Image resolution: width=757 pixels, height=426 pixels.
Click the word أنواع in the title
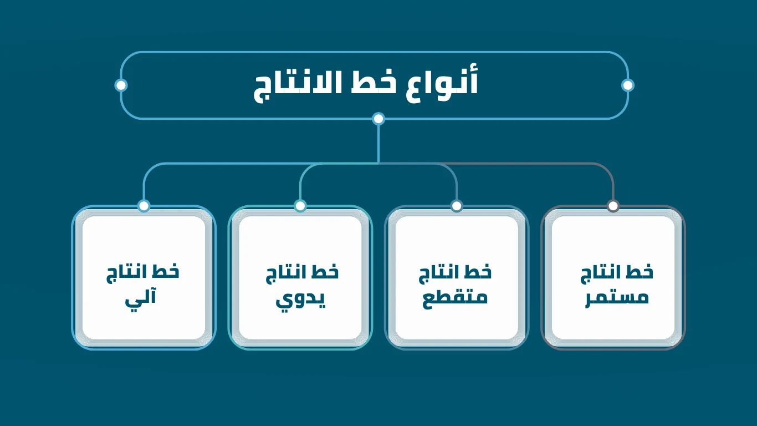(x=442, y=83)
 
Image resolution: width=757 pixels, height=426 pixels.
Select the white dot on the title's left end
(x=121, y=85)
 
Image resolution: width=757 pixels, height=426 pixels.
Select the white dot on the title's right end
(x=627, y=85)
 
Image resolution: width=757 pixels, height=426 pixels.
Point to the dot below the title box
(x=378, y=119)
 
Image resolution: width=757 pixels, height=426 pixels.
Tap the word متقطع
(x=455, y=298)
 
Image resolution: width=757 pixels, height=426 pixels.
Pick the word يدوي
(x=300, y=299)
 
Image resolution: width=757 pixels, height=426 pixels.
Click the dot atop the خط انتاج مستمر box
(x=613, y=206)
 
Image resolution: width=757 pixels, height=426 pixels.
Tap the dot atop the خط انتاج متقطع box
(x=457, y=206)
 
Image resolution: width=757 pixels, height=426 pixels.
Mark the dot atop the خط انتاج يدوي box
(x=300, y=206)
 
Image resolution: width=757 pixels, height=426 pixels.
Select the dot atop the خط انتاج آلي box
(x=144, y=206)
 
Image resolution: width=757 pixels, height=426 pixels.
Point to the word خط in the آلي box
(x=166, y=271)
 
